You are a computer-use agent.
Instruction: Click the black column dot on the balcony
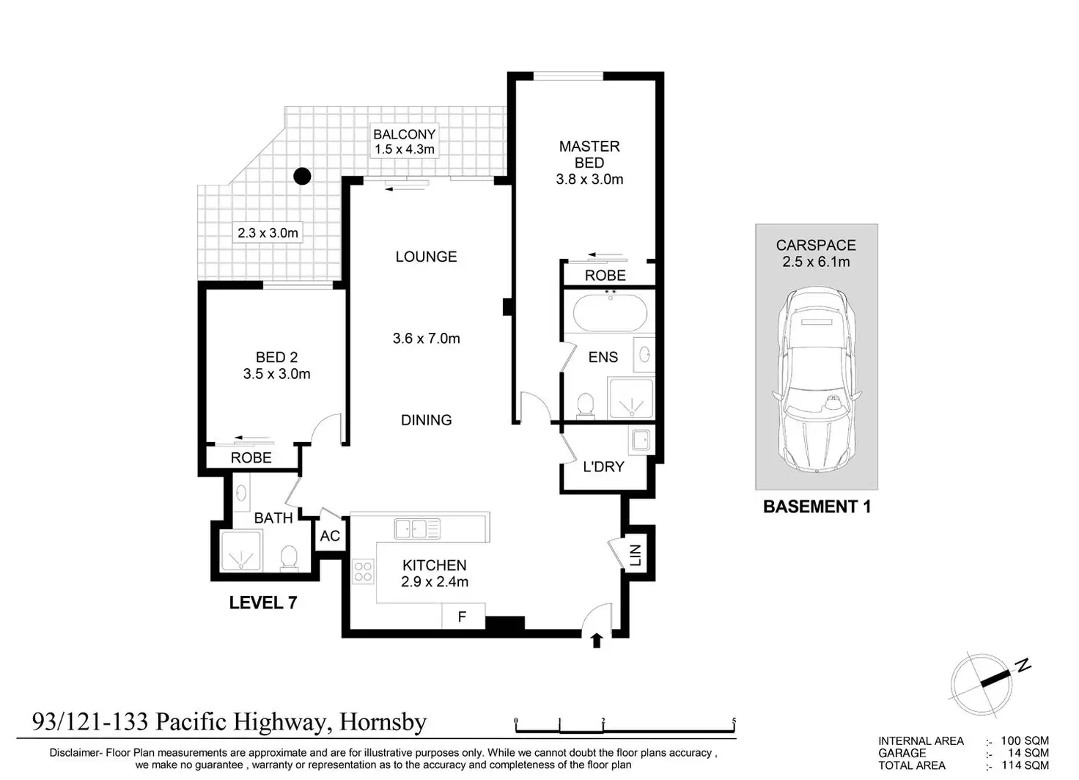coord(302,177)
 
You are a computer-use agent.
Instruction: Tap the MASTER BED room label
coord(589,154)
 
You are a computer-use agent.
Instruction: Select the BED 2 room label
coord(276,357)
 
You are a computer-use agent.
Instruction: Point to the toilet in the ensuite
coord(585,405)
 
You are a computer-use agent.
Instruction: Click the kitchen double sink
coord(417,529)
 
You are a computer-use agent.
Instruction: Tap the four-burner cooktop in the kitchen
coord(363,571)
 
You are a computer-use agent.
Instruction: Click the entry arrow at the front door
coord(597,640)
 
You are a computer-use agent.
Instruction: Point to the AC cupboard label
coord(330,536)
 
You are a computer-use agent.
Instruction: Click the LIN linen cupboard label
coord(636,555)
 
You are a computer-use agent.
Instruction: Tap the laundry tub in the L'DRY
coord(641,440)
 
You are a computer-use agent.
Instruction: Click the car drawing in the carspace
coord(817,379)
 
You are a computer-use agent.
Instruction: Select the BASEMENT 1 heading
coord(817,507)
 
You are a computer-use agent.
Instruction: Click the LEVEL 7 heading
coord(263,602)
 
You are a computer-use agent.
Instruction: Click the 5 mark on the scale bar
coord(734,721)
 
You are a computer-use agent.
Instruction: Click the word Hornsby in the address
coord(383,722)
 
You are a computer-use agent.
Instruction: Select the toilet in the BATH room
coord(289,558)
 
